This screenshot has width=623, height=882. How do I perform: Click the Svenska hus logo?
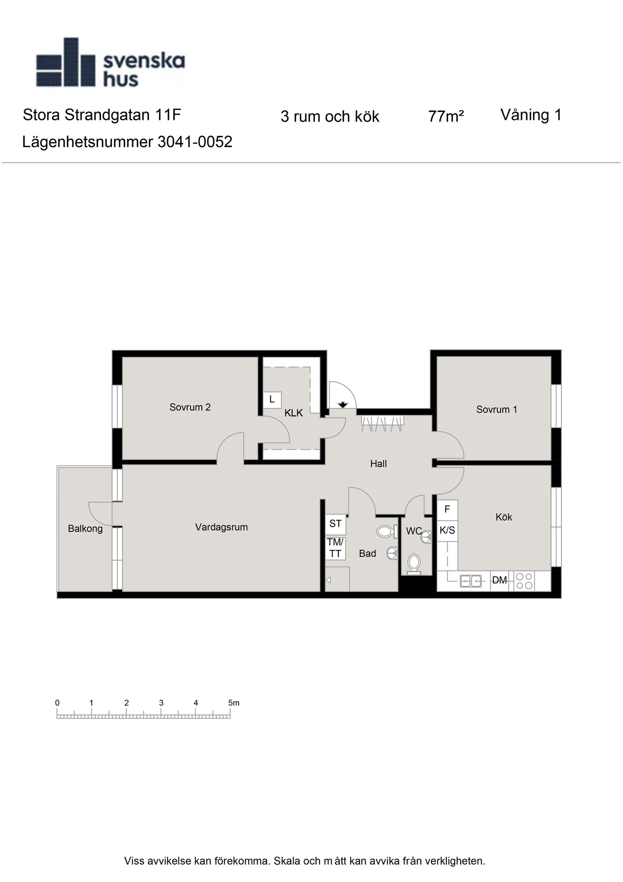pyautogui.click(x=110, y=63)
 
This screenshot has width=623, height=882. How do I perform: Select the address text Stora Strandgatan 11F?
pyautogui.click(x=102, y=115)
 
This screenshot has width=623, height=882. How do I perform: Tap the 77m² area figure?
pyautogui.click(x=446, y=116)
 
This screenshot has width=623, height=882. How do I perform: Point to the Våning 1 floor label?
pyautogui.click(x=531, y=115)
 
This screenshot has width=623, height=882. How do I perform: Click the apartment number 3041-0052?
pyautogui.click(x=195, y=142)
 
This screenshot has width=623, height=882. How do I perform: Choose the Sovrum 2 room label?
pyautogui.click(x=190, y=407)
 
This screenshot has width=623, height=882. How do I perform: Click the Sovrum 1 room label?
pyautogui.click(x=497, y=409)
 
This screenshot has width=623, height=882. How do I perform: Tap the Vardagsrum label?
pyautogui.click(x=221, y=527)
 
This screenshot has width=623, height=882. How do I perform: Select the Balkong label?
pyautogui.click(x=85, y=529)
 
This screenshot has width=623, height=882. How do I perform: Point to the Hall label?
pyautogui.click(x=378, y=463)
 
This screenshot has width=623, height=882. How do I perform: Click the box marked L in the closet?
pyautogui.click(x=272, y=400)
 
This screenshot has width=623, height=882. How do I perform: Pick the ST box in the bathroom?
pyautogui.click(x=335, y=524)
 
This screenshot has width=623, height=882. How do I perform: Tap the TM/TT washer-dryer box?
pyautogui.click(x=335, y=548)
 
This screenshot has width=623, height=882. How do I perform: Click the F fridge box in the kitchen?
pyautogui.click(x=447, y=510)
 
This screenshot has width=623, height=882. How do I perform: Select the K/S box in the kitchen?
pyautogui.click(x=447, y=531)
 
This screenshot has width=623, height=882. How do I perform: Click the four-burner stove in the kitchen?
pyautogui.click(x=524, y=581)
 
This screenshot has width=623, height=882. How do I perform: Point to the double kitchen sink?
pyautogui.click(x=471, y=581)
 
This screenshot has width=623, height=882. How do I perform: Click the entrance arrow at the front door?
pyautogui.click(x=343, y=404)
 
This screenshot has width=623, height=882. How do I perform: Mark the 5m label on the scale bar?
pyautogui.click(x=234, y=703)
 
